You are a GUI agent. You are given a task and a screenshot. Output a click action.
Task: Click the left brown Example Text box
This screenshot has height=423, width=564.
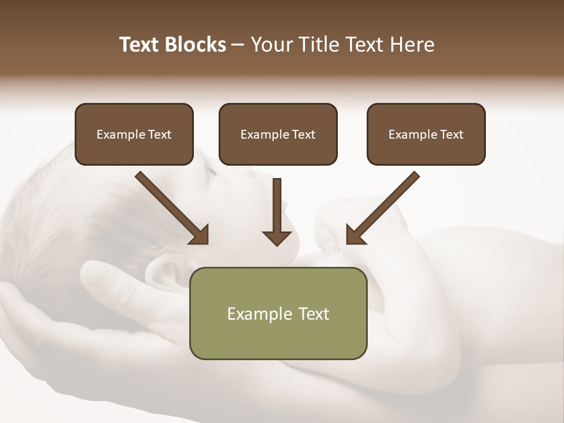[x=134, y=134]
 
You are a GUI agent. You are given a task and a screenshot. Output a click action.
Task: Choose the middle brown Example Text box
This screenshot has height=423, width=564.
[x=278, y=134]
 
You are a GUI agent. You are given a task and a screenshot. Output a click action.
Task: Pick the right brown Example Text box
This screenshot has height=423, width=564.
[x=426, y=134]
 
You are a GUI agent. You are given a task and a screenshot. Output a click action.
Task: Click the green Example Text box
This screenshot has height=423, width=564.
[x=278, y=313]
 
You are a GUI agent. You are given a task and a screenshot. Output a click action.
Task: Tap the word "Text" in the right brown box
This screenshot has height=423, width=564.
[x=451, y=135]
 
